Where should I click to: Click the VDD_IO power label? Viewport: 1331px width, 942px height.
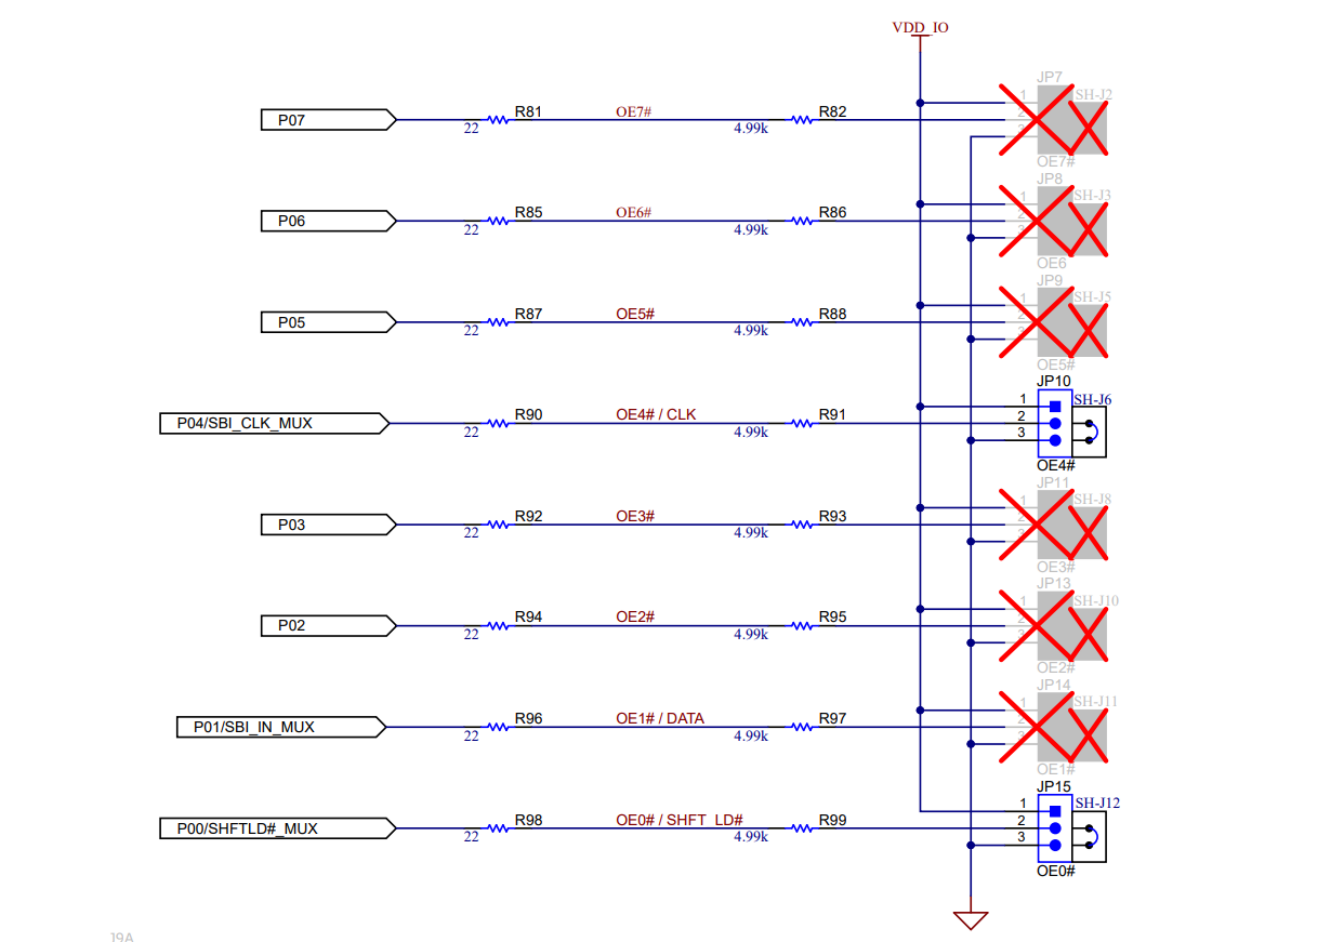point(920,27)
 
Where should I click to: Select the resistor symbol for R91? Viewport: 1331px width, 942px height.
point(802,423)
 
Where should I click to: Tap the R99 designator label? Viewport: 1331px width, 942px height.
point(832,820)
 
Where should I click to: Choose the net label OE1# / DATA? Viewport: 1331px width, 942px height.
point(660,718)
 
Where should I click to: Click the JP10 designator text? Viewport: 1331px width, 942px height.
point(1053,381)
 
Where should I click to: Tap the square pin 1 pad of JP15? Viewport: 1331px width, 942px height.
point(1055,811)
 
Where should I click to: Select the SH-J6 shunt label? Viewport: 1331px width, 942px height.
point(1092,399)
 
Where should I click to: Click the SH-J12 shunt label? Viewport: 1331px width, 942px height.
point(1097,803)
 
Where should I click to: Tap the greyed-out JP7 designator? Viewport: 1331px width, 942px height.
point(1049,77)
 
